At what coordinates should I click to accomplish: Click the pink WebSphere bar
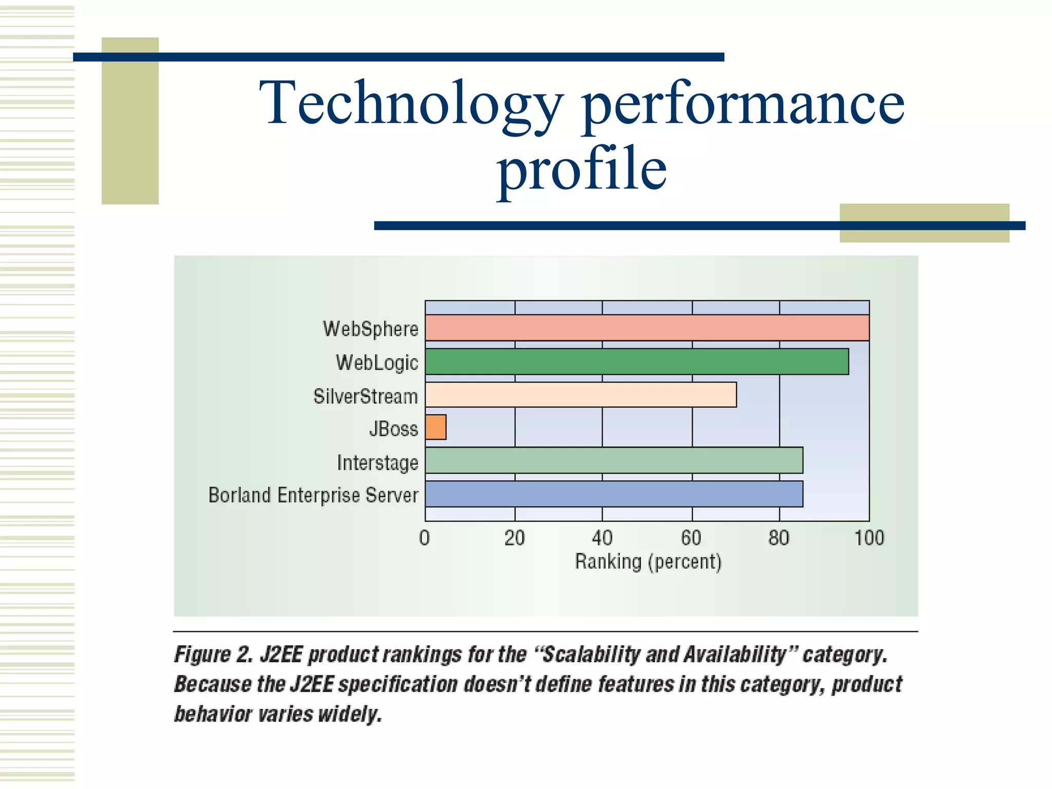(x=647, y=328)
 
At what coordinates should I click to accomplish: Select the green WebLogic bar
(x=637, y=362)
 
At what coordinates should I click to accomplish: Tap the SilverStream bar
(x=580, y=394)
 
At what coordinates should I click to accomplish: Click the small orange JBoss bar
(x=436, y=427)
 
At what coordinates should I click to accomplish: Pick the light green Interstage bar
(x=614, y=460)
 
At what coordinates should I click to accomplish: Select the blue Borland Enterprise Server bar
(x=614, y=494)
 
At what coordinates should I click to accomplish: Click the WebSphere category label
(x=370, y=329)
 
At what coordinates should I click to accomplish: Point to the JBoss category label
(x=393, y=428)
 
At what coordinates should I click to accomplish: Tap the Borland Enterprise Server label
(x=313, y=495)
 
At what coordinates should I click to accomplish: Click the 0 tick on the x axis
(x=424, y=538)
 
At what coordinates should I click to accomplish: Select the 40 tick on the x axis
(x=602, y=538)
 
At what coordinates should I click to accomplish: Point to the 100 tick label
(x=869, y=538)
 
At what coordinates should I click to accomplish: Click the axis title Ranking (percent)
(x=648, y=561)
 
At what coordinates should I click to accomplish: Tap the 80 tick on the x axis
(x=779, y=538)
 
